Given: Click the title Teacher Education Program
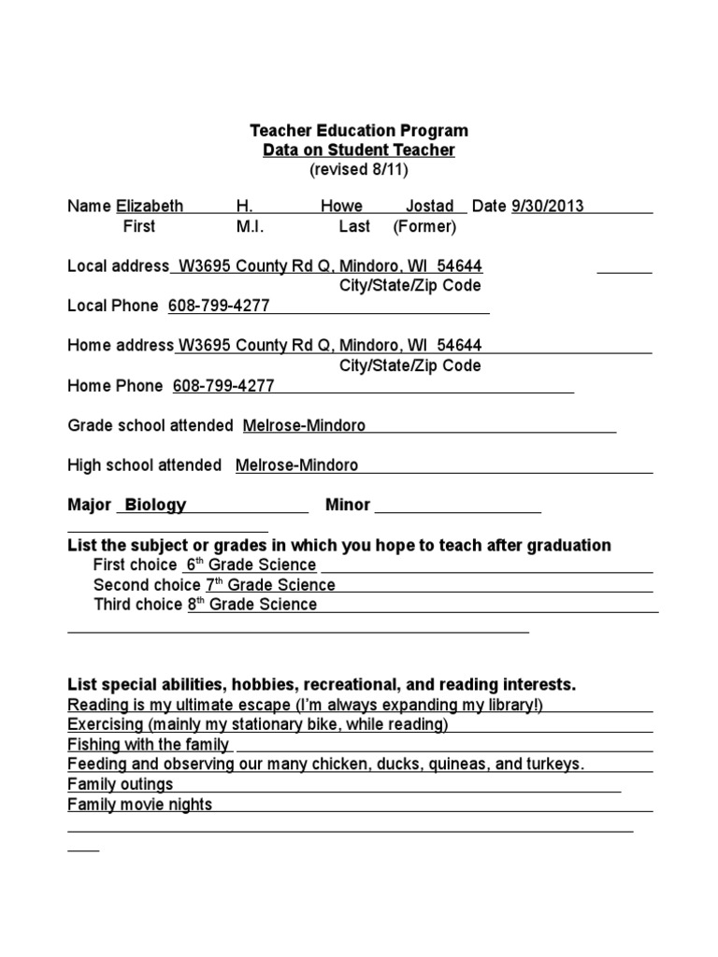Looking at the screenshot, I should tap(358, 131).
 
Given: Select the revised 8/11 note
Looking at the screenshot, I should tap(359, 170).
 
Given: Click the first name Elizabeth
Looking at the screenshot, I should tap(150, 206).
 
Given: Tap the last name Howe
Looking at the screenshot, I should tap(341, 206).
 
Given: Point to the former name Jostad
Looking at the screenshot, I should tap(429, 206).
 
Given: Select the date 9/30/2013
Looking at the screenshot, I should tap(547, 206).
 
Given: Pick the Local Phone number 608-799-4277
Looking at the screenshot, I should tap(219, 306).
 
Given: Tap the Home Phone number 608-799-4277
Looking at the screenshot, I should tap(224, 386).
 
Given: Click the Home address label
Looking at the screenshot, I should tap(121, 346).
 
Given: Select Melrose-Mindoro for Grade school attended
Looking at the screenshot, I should tap(304, 426).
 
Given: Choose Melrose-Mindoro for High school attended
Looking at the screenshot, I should tap(296, 465).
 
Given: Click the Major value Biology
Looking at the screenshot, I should tap(155, 505).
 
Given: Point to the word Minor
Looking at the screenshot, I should tap(348, 505).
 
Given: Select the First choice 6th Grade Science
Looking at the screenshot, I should tap(251, 565).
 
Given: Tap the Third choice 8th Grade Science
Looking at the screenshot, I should tap(252, 605).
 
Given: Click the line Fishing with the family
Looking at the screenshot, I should tap(149, 745).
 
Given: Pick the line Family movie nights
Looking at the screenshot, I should tap(140, 805).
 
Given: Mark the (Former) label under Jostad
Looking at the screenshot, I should tap(424, 226).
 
